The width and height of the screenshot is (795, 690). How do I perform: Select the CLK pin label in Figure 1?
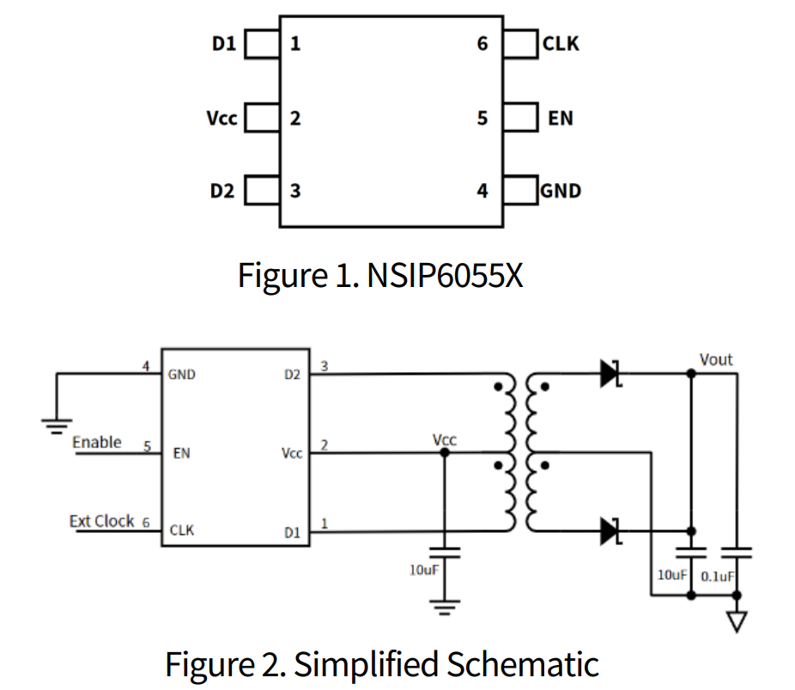pyautogui.click(x=561, y=43)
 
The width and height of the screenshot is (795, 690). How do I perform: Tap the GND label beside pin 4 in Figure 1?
pyautogui.click(x=561, y=190)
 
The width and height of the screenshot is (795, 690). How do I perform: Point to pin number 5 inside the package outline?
pyautogui.click(x=482, y=118)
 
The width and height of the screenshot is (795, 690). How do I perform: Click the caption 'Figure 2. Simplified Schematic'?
pyautogui.click(x=381, y=664)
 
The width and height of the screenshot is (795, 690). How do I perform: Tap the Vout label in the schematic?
pyautogui.click(x=716, y=359)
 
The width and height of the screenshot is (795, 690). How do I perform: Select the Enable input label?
pyautogui.click(x=96, y=443)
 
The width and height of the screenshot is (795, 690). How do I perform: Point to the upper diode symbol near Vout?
pyautogui.click(x=610, y=374)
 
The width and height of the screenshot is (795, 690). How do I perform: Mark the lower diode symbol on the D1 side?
pyautogui.click(x=610, y=531)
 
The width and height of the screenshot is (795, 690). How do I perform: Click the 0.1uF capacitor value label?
pyautogui.click(x=718, y=576)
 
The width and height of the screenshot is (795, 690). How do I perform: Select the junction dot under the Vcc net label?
pyautogui.click(x=444, y=453)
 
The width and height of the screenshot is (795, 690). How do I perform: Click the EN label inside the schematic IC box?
pyautogui.click(x=181, y=453)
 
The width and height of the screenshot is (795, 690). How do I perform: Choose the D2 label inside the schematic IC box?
pyautogui.click(x=292, y=375)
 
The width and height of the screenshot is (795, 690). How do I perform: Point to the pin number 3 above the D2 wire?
pyautogui.click(x=324, y=366)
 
